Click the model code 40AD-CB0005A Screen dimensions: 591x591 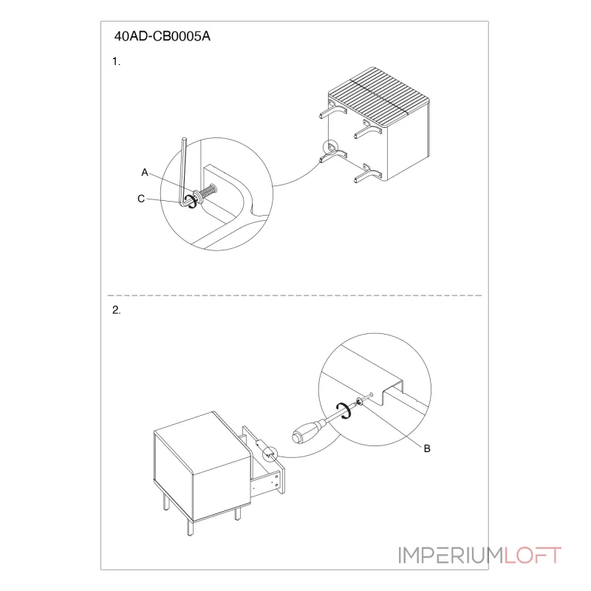point(162,36)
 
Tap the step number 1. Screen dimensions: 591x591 point(116,61)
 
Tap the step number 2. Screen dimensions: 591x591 point(117,310)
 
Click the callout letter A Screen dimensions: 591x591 point(145,172)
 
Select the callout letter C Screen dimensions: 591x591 point(141,199)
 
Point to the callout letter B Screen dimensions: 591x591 point(427,448)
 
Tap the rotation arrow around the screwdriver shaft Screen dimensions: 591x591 point(344,411)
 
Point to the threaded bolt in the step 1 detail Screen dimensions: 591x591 point(207,191)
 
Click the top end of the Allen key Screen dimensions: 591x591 point(184,140)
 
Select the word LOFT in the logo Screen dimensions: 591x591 point(532,556)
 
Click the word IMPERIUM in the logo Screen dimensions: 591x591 point(451,556)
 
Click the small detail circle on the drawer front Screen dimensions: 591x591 point(270,454)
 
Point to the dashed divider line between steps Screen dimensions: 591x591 point(295,295)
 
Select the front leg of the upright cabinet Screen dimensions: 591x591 point(191,527)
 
